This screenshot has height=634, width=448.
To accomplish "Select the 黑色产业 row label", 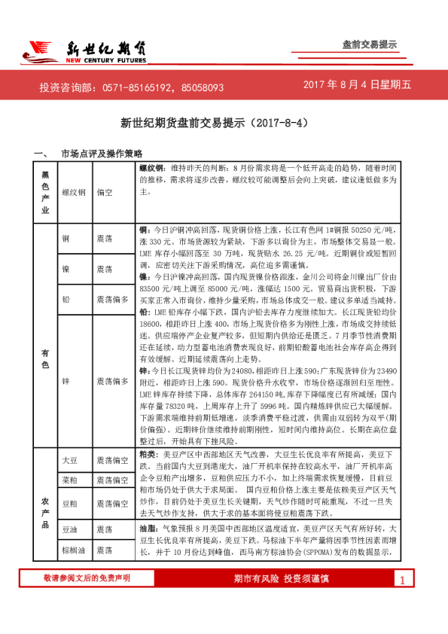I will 45,192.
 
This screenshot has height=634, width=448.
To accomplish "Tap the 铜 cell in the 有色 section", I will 66,238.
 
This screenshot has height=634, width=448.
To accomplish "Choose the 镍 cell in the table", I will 66,269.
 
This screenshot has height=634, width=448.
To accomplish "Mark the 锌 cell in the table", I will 66,382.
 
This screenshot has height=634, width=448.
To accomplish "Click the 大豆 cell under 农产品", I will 69,459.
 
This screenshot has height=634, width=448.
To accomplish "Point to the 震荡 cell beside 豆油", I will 105,531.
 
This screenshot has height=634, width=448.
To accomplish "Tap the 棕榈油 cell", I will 73,551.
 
